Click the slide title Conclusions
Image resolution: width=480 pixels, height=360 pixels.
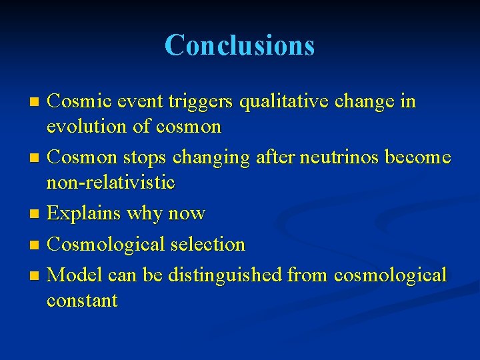coord(239,45)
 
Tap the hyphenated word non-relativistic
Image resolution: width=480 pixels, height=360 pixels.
coord(111,182)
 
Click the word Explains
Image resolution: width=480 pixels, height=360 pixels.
coord(85,214)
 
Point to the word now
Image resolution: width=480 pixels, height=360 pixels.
coord(187,214)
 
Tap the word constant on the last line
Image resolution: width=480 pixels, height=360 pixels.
coord(82,300)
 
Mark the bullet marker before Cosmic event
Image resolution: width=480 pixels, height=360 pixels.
coord(35,103)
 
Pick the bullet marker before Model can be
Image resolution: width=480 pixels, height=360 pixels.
coord(35,275)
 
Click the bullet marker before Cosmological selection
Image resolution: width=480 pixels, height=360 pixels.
coord(35,245)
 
